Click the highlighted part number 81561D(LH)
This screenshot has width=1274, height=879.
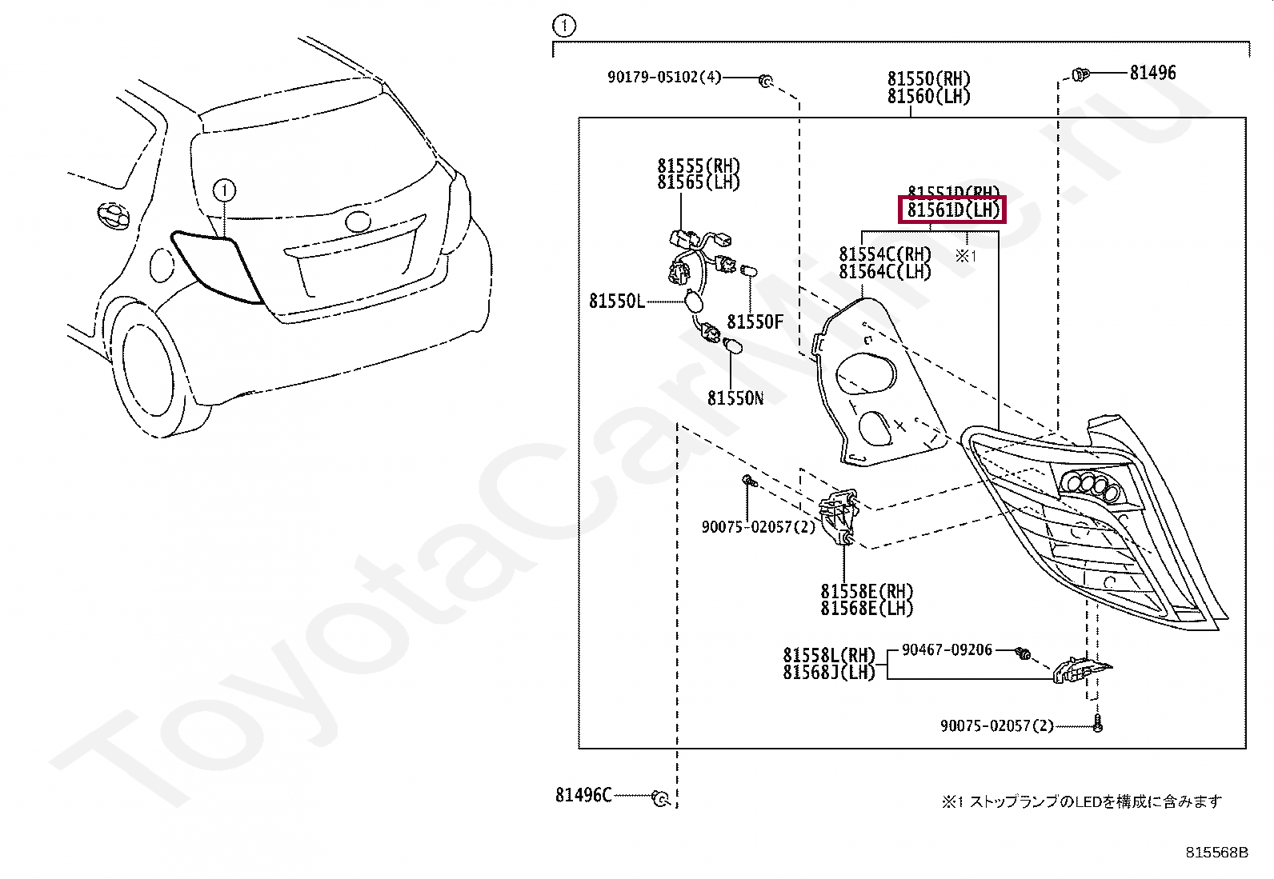(952, 210)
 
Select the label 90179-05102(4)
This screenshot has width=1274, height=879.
(664, 78)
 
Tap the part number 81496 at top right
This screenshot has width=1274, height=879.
(1152, 74)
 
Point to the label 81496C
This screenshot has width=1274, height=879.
(583, 795)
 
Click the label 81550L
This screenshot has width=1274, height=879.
(616, 302)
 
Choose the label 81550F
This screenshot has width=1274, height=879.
(755, 322)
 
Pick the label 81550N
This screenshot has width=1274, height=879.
(735, 398)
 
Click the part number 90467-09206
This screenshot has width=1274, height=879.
(947, 650)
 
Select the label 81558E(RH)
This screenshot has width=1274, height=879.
(867, 592)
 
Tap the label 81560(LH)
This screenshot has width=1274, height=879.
(928, 96)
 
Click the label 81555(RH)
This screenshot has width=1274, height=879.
(699, 166)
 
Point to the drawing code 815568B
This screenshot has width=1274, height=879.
(1216, 853)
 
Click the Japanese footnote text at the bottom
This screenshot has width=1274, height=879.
(1080, 801)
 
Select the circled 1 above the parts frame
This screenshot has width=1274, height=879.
(563, 26)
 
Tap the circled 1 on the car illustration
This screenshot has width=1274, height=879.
(226, 190)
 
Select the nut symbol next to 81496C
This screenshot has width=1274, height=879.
(660, 798)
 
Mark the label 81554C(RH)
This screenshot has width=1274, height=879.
(885, 254)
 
